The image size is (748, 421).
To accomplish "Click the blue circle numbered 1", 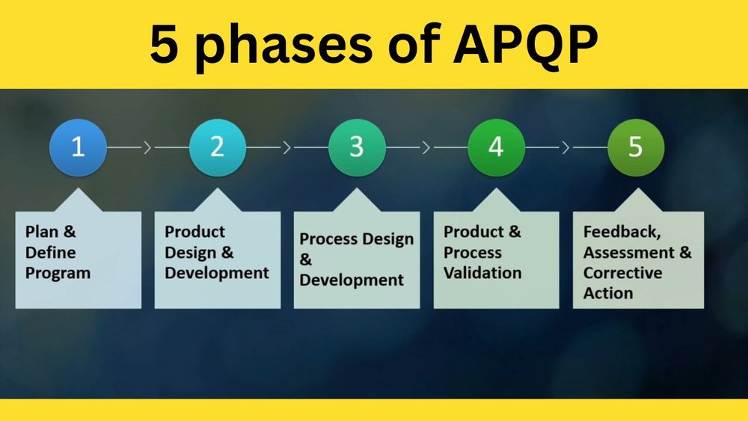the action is point(78,147).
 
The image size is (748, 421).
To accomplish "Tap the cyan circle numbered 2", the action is point(218,147).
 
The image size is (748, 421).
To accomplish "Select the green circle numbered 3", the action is point(357,147).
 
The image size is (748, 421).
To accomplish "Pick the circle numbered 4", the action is point(496,147).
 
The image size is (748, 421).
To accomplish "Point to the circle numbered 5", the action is point(636,147).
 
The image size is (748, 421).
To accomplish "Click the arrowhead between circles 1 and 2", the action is point(147,147).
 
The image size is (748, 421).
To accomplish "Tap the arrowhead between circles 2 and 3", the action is point(286,147).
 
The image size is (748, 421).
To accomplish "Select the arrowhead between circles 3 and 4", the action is point(426,147).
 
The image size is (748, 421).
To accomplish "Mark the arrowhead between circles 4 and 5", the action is point(565,147).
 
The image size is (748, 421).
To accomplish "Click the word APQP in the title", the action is point(525,44).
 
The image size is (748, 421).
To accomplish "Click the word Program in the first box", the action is point(58,274).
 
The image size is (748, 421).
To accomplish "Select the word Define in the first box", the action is point(51,252).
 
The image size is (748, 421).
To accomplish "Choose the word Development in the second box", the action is point(217,273).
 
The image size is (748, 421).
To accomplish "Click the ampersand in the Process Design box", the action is point(305,259).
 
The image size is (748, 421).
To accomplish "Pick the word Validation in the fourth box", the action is point(482,273).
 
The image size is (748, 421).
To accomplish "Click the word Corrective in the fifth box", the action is point(622,273).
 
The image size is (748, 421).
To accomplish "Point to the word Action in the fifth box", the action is point(607,293).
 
